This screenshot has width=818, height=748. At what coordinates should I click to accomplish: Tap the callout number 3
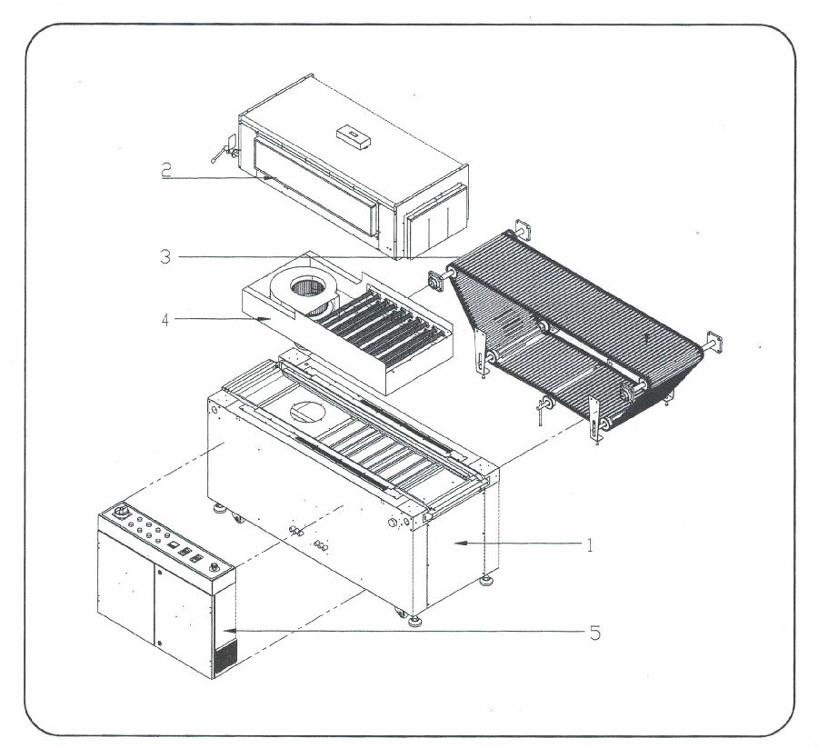coord(165,257)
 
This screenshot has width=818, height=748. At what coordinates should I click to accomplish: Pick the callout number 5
coord(595,631)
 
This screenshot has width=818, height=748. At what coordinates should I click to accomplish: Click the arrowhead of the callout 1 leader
coord(457,544)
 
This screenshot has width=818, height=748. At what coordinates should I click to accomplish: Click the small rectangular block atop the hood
coord(354,135)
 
